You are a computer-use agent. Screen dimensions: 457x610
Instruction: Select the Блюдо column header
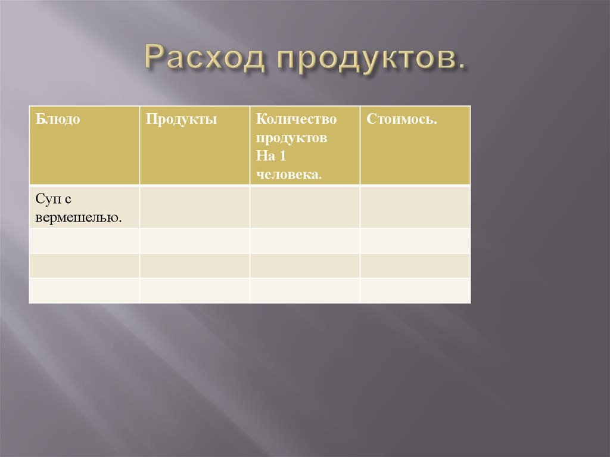point(58,119)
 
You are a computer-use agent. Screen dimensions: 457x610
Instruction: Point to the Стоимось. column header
point(402,119)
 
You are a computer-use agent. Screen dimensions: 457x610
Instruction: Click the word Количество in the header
point(297,119)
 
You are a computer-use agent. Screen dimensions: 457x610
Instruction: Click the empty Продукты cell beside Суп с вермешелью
point(194,207)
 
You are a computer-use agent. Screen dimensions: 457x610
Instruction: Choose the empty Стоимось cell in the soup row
point(415,207)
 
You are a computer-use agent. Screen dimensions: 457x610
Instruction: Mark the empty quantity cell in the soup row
point(304,207)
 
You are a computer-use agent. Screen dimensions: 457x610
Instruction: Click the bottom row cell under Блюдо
point(84,290)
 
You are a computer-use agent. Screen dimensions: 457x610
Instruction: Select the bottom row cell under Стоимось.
point(415,290)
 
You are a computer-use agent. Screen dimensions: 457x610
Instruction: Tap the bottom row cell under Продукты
point(194,290)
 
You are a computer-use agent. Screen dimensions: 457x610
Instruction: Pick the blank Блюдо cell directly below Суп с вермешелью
point(84,241)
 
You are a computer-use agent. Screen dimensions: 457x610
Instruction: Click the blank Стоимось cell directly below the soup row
point(415,241)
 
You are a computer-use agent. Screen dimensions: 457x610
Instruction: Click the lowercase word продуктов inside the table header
point(292,138)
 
